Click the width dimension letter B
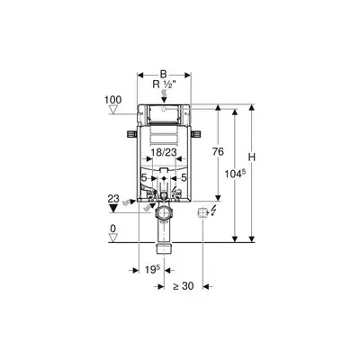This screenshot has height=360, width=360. (163, 75)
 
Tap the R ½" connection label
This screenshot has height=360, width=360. (164, 85)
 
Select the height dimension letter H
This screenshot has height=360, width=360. (252, 157)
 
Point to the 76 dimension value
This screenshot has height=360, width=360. (218, 152)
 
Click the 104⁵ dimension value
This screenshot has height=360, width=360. (235, 174)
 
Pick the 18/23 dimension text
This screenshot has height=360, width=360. (163, 153)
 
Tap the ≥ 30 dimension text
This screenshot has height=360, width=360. (184, 286)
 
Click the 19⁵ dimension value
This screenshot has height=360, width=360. (152, 270)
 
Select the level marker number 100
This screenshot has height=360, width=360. (112, 100)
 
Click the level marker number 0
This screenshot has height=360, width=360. (112, 229)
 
